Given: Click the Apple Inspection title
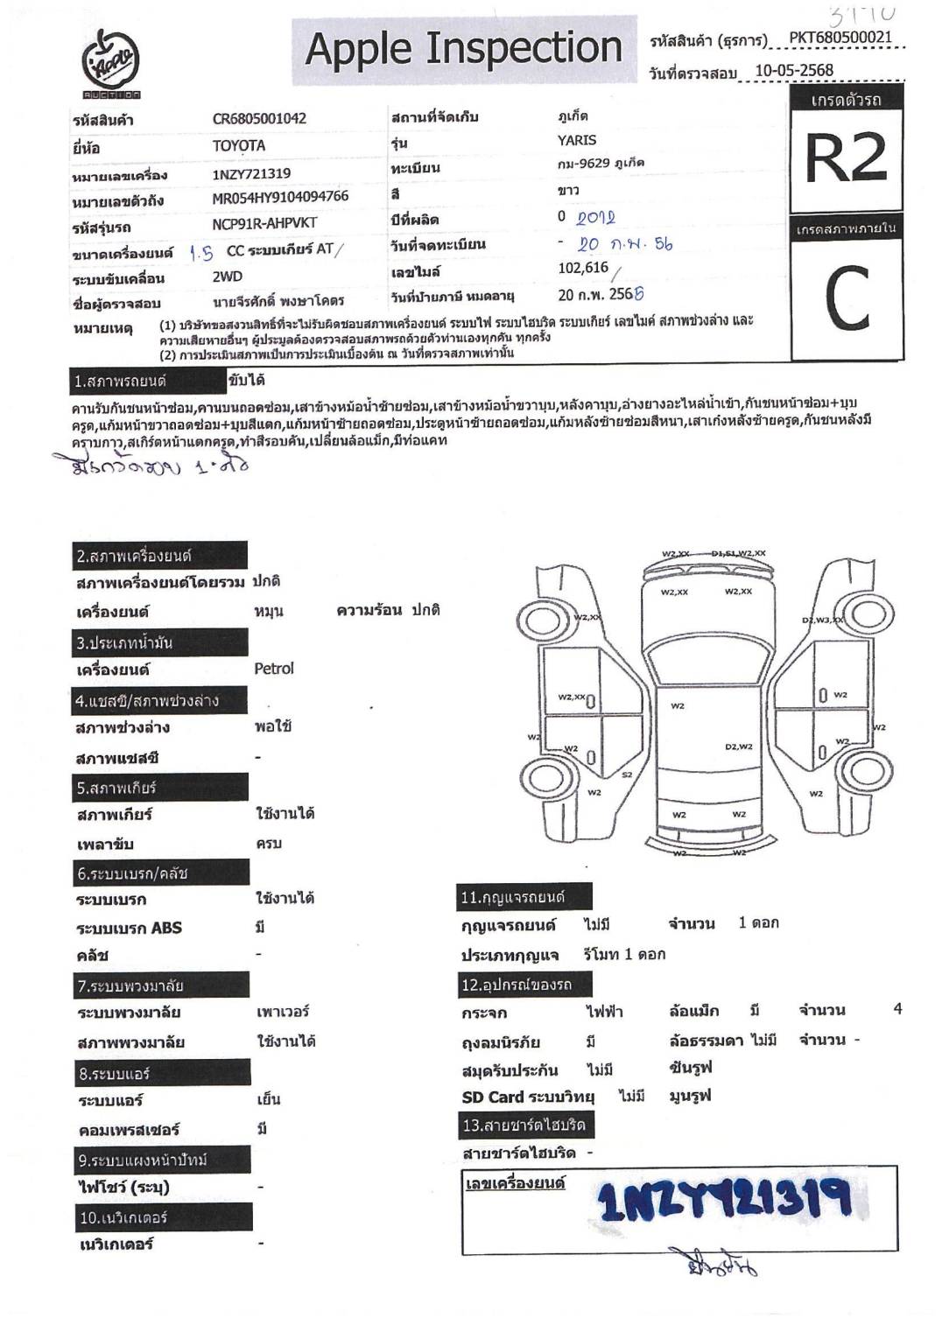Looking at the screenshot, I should tap(463, 49).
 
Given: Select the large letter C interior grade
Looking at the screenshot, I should tap(847, 298).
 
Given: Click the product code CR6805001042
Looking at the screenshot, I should tap(259, 119).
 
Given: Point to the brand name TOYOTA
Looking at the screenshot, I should tap(238, 145).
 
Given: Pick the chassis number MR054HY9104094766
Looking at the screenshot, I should tap(280, 198).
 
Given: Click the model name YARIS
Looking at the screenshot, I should tap(577, 140).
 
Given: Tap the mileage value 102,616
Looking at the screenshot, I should tap(583, 269).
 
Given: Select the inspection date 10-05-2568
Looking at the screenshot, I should tap(793, 71).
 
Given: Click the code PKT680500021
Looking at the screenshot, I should tap(840, 38).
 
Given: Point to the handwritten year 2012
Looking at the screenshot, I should tap(596, 218).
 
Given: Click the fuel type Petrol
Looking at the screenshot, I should tap(274, 669).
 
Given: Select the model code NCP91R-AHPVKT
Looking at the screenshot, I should tap(264, 224).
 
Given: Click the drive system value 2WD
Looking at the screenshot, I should tap(228, 277).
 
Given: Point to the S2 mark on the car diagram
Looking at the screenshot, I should tap(627, 775).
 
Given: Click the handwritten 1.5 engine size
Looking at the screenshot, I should tap(201, 253).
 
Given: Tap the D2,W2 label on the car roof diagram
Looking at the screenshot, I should tap(738, 747).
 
